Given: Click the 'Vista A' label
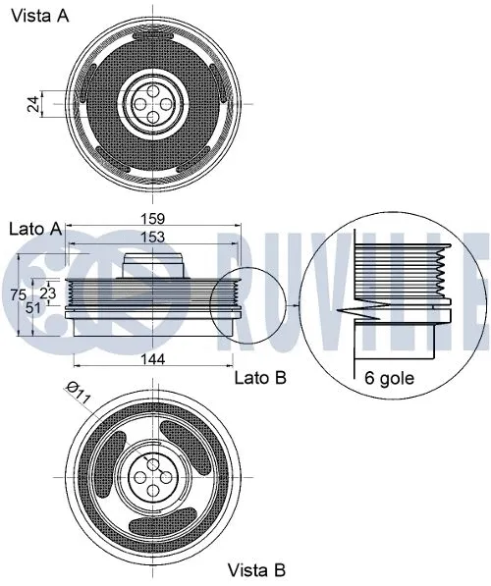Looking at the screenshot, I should point(39,17).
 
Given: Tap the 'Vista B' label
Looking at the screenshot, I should point(256,569).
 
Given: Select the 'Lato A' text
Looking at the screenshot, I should point(34,228).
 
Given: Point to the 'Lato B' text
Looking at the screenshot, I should point(260,376).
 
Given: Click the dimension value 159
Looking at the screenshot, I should point(151,218).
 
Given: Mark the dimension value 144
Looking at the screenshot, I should point(151,359).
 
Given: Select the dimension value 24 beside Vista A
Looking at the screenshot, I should point(33,103).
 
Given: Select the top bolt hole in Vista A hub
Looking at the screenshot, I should point(151,88).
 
